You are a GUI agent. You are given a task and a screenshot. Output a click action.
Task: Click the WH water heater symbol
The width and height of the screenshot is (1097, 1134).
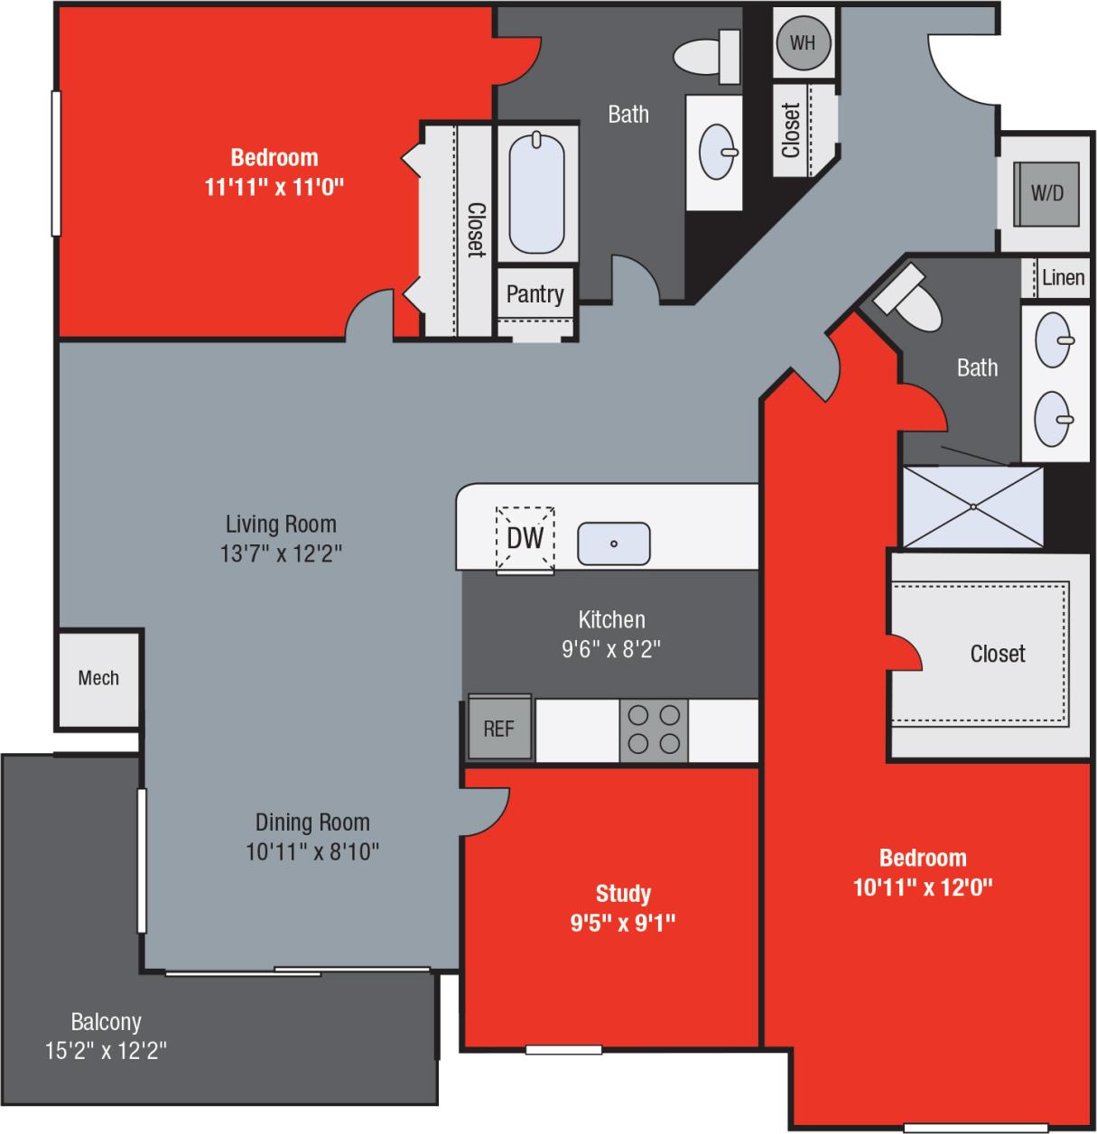pyautogui.click(x=803, y=43)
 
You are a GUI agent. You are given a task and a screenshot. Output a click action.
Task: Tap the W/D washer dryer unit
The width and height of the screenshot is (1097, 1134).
pyautogui.click(x=1046, y=193)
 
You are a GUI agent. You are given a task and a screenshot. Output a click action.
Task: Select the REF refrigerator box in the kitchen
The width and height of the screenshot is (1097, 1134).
pyautogui.click(x=498, y=728)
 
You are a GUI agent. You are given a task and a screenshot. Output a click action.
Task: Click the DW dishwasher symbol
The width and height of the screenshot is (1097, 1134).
pyautogui.click(x=525, y=538)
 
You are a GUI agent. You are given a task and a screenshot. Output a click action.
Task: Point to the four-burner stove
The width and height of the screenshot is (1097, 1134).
pyautogui.click(x=654, y=730)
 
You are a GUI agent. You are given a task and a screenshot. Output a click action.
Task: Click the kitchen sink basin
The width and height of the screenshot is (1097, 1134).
pyautogui.click(x=613, y=544)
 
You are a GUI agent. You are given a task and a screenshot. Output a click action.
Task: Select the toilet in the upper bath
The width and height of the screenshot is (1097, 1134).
pyautogui.click(x=706, y=53)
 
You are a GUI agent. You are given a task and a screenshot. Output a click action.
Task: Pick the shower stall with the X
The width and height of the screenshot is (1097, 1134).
pyautogui.click(x=973, y=507)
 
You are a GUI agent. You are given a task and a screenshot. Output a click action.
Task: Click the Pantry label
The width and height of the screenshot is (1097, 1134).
pyautogui.click(x=535, y=293)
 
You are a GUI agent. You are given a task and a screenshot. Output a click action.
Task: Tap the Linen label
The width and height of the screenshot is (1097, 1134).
pyautogui.click(x=1063, y=277)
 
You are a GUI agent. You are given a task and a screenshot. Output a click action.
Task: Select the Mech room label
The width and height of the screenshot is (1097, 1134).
pyautogui.click(x=98, y=678)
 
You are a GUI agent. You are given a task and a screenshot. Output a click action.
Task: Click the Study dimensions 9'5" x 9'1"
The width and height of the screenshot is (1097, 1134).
pyautogui.click(x=623, y=923)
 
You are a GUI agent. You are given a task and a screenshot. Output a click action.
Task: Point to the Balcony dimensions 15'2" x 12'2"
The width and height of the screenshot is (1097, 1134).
pyautogui.click(x=107, y=1051)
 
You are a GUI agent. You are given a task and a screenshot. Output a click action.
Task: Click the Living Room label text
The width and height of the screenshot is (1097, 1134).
pyautogui.click(x=281, y=524)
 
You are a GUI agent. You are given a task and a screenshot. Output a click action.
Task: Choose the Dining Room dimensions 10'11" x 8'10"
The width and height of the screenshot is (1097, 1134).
pyautogui.click(x=312, y=850)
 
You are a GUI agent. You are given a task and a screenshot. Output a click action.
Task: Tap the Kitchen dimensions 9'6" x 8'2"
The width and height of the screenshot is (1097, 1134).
pyautogui.click(x=611, y=648)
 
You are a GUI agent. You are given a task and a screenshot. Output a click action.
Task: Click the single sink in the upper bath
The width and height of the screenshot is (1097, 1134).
pyautogui.click(x=720, y=151)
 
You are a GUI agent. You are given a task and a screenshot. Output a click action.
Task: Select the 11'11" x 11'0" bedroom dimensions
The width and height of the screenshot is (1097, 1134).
pyautogui.click(x=274, y=187)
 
